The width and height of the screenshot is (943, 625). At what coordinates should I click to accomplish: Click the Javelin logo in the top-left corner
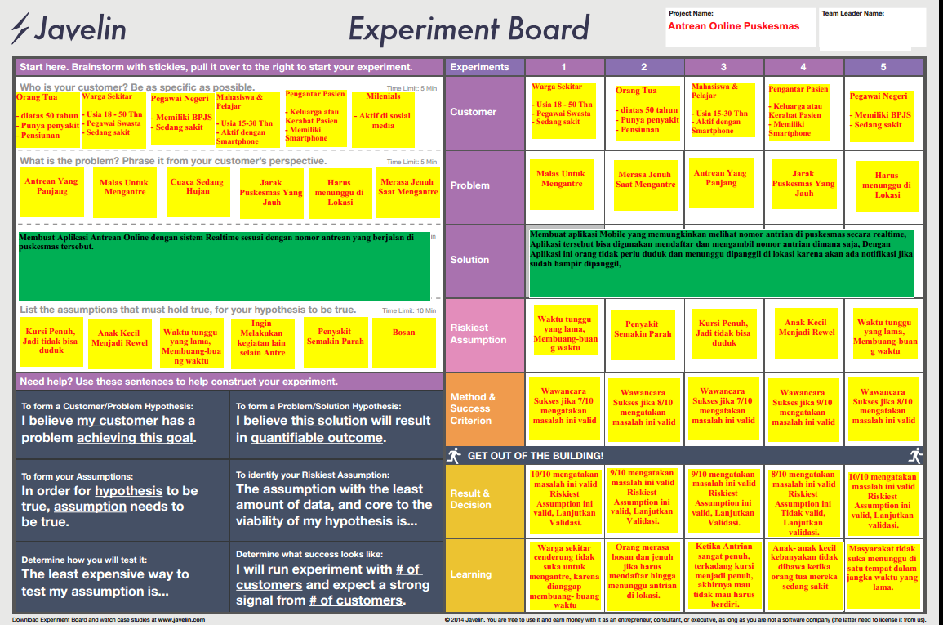(x=69, y=29)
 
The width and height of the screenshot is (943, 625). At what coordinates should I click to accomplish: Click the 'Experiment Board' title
(x=468, y=29)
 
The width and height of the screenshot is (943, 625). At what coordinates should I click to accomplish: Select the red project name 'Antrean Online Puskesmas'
(x=733, y=26)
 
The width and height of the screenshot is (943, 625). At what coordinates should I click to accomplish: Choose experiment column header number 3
(x=723, y=67)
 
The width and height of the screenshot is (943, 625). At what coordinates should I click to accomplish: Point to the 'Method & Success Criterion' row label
(x=473, y=408)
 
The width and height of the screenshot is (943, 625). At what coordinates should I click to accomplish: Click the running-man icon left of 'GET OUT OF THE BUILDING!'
(x=454, y=456)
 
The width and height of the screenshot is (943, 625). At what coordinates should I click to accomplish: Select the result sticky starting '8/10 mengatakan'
(x=803, y=500)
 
